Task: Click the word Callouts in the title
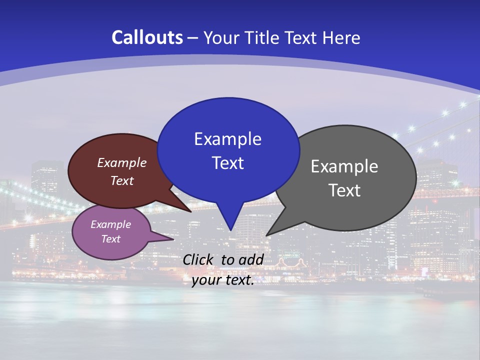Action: point(147,38)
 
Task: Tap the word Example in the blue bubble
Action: point(227,139)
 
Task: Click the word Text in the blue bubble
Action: point(227,163)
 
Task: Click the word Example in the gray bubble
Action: point(344,166)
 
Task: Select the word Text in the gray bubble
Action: point(344,190)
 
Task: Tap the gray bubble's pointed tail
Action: point(270,232)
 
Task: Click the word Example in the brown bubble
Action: point(122,163)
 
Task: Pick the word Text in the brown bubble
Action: point(122,181)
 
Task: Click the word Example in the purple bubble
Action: point(110,225)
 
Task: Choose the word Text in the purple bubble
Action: point(110,239)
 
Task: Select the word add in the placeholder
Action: point(251,259)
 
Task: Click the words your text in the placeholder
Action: point(223,280)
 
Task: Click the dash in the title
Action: point(193,38)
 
